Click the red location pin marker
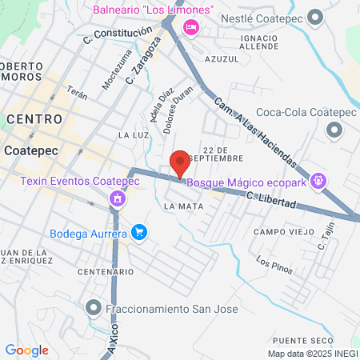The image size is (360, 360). pos(181,162)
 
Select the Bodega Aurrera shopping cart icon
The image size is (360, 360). pos(140,233)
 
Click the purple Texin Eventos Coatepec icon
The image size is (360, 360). pos(118,198)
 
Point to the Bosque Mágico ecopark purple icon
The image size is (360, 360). pos(318,182)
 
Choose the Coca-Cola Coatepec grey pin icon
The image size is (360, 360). pos(333,132)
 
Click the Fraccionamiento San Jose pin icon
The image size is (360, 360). pos(94,308)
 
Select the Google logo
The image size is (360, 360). pos(26,350)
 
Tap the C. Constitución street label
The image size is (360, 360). pos(117,34)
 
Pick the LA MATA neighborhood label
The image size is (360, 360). pos(183,206)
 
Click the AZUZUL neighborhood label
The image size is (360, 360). pos(222,59)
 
